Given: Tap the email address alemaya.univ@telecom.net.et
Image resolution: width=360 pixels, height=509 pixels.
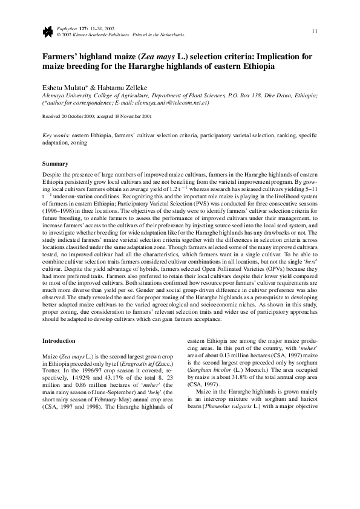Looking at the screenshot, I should pos(178,103).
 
